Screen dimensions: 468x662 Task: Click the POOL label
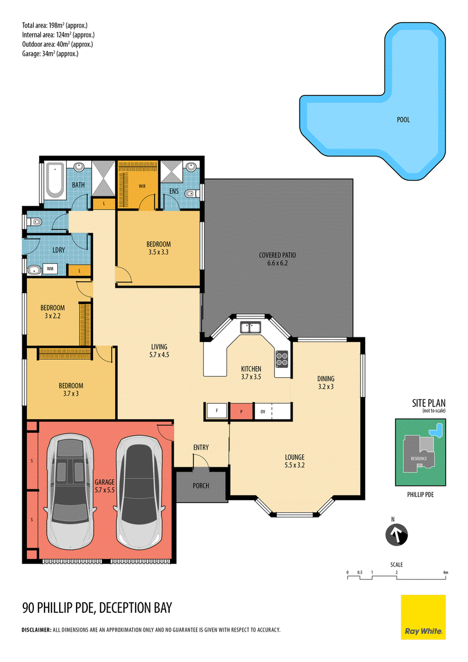[x=403, y=119]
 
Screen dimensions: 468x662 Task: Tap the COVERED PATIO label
[x=277, y=255]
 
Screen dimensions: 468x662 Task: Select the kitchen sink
[x=250, y=327]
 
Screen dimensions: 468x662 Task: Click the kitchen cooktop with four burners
[x=282, y=358]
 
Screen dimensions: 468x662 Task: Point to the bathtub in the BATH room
[x=55, y=180]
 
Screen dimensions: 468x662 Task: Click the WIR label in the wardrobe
[x=142, y=186]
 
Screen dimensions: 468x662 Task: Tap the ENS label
[x=174, y=191]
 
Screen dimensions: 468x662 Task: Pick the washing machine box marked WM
[x=50, y=268]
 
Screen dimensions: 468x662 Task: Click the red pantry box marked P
[x=241, y=411]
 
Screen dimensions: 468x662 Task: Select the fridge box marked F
[x=216, y=411]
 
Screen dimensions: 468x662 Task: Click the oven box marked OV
[x=263, y=411]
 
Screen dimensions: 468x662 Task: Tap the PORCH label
[x=201, y=485]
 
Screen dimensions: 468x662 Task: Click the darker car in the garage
[x=139, y=491]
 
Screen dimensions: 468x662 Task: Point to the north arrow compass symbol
[x=396, y=534]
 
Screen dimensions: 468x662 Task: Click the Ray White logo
[x=423, y=617]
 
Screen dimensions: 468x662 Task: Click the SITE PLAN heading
[x=429, y=403]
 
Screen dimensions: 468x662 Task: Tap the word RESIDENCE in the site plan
[x=419, y=458]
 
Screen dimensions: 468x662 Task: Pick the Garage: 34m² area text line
[x=50, y=54]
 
